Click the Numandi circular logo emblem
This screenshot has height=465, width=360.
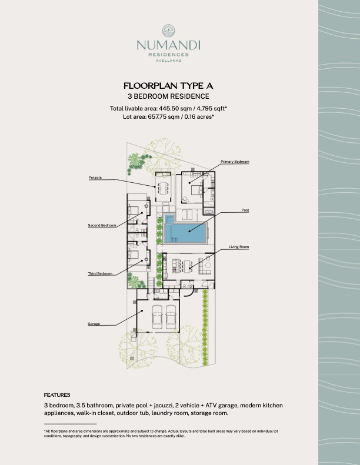[x=168, y=31]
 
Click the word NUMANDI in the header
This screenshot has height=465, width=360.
[x=168, y=45]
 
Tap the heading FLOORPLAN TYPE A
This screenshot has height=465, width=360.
[x=168, y=86]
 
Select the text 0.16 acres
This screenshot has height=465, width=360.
[x=199, y=116]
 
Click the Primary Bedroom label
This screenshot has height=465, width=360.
[x=235, y=162]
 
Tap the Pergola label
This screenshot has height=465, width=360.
[x=95, y=178]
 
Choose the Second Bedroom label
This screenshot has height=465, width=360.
[x=102, y=225]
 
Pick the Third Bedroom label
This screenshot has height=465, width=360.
[x=100, y=273]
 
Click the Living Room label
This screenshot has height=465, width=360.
[x=239, y=247]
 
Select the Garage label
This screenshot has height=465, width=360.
[x=94, y=324]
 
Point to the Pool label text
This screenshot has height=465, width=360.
[x=245, y=210]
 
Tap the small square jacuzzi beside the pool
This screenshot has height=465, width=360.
[x=169, y=219]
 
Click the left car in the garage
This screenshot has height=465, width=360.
[x=157, y=317]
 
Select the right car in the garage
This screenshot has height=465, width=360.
[x=171, y=317]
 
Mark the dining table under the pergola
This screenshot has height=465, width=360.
[x=163, y=188]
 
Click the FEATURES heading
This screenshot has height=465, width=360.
[x=57, y=395]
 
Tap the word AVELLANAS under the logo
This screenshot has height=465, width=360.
[x=168, y=61]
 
